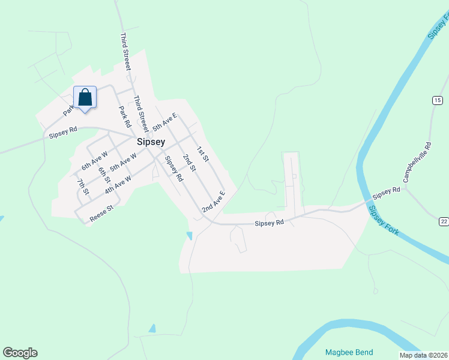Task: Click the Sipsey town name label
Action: [x=150, y=142]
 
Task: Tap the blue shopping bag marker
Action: [x=85, y=98]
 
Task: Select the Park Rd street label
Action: [x=125, y=117]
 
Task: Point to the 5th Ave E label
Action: [x=164, y=122]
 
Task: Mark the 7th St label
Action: [x=83, y=187]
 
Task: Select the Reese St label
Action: [x=101, y=214]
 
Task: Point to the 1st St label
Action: [x=202, y=154]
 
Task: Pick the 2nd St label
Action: [x=190, y=163]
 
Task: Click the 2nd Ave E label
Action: [x=214, y=202]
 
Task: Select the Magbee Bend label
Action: [x=349, y=352]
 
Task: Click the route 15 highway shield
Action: [x=437, y=100]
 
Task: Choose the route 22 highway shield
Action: [x=444, y=222]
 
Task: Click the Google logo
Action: [x=20, y=353]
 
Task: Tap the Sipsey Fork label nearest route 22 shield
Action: [x=382, y=221]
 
